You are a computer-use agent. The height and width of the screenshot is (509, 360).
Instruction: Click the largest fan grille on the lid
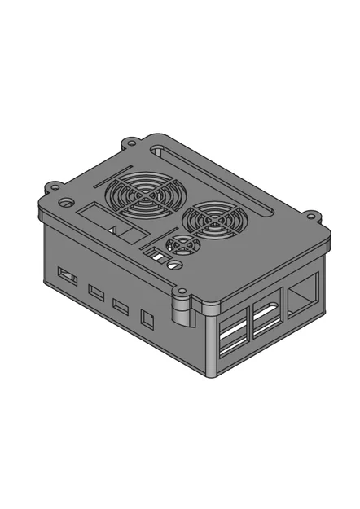pos(143,197)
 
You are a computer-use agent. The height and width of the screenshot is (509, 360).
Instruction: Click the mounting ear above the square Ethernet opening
pos(313,217)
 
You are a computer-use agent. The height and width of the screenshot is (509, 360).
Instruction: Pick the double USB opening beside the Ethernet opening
pos(266,318)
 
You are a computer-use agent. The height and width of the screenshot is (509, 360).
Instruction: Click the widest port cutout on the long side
pos(68,277)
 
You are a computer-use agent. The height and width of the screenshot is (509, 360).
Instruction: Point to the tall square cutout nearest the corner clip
pos(147,318)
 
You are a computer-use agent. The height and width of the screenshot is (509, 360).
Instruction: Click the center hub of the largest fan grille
pos(143,197)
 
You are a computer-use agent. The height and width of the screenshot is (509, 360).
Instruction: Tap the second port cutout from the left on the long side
pos(96,292)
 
